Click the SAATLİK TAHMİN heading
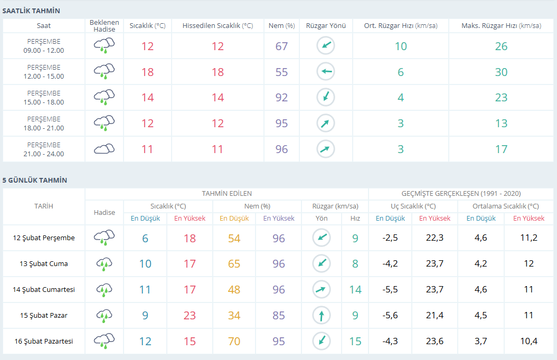(x=31, y=11)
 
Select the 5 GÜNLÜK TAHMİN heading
(x=35, y=181)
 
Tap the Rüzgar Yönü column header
(x=326, y=25)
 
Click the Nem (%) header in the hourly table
(x=282, y=25)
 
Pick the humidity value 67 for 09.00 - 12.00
(x=282, y=46)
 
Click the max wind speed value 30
(x=501, y=72)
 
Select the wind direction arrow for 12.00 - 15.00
(x=326, y=71)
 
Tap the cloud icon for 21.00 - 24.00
(x=105, y=149)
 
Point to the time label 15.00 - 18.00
(x=44, y=102)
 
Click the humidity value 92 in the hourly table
(x=282, y=98)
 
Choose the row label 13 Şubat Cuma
(x=44, y=264)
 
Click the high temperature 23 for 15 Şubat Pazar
(x=190, y=315)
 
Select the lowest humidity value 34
(x=234, y=315)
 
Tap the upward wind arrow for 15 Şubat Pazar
(x=322, y=315)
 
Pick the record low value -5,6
(x=390, y=315)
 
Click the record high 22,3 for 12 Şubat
(x=435, y=238)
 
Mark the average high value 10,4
(x=528, y=341)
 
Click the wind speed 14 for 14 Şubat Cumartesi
(x=355, y=290)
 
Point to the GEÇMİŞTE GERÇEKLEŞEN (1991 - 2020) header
(x=461, y=194)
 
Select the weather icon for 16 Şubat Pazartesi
(x=105, y=341)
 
